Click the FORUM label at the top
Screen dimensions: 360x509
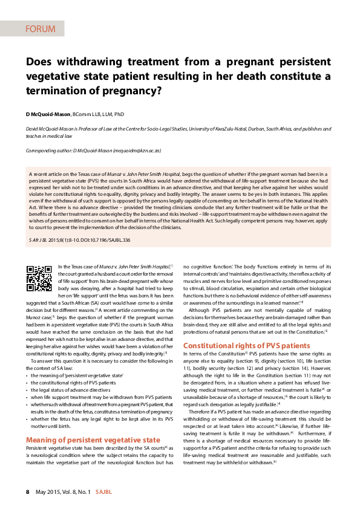[41, 28]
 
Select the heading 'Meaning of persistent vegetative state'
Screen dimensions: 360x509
[93, 439]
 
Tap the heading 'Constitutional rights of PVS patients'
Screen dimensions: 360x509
[246, 345]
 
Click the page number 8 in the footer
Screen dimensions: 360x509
[27, 492]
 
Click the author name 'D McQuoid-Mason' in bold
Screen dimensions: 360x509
[48, 114]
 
